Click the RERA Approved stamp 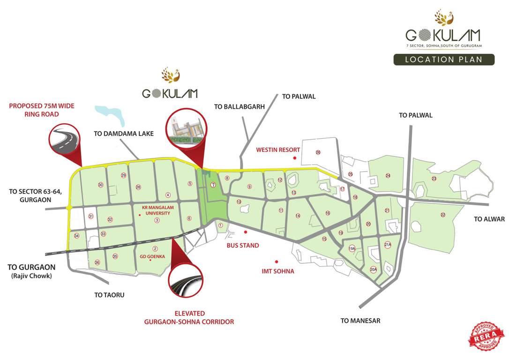(487, 336)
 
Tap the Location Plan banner (444, 60)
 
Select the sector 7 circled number (213, 185)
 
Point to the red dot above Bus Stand (245, 231)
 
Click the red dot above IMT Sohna (277, 262)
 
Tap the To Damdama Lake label (124, 134)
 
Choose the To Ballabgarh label (240, 106)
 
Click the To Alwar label (489, 219)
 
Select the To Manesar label (360, 321)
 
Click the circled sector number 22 (443, 215)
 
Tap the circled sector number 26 (318, 152)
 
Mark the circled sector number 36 (97, 262)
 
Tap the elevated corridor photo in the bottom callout (186, 284)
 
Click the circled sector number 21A (388, 245)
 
